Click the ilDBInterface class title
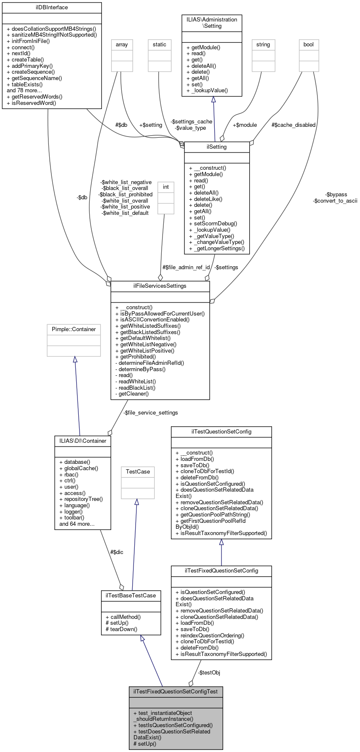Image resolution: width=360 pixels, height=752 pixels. click(x=52, y=8)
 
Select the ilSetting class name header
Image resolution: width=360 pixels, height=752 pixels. click(x=217, y=147)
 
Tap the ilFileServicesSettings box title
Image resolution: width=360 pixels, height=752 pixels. click(x=160, y=286)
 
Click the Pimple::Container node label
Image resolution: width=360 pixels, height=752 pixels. click(x=74, y=329)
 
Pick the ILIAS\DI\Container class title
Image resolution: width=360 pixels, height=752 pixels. click(x=83, y=441)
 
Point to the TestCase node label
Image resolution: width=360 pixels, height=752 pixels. click(x=138, y=472)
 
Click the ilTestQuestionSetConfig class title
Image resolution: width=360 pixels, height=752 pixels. click(x=221, y=432)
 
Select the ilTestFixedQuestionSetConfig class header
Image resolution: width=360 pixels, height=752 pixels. click(x=221, y=571)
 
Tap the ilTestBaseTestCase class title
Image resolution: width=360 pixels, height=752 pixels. click(x=131, y=596)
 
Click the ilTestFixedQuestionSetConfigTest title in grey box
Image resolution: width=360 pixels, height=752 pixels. click(x=176, y=692)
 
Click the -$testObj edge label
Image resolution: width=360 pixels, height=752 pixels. click(x=209, y=672)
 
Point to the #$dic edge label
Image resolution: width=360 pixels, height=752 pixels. click(x=117, y=552)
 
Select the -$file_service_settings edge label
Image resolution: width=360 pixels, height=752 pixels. click(x=151, y=413)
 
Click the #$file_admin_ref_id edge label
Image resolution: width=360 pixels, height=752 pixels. click(x=186, y=268)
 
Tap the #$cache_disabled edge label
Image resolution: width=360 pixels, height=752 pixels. click(x=293, y=125)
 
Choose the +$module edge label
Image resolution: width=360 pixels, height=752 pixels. click(x=245, y=125)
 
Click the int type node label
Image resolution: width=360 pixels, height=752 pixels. click(x=166, y=187)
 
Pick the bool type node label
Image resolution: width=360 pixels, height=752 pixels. click(x=309, y=45)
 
